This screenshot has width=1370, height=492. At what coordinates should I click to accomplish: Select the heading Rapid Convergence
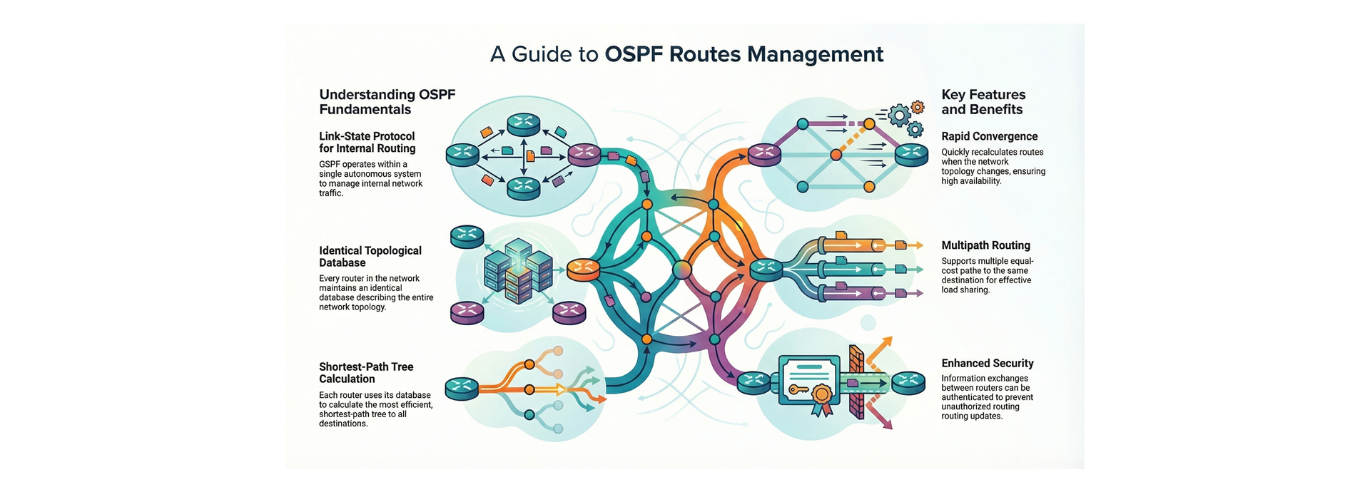(989, 136)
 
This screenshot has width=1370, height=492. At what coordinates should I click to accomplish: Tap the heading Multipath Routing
(985, 245)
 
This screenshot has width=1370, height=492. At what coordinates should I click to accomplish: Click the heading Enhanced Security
(987, 363)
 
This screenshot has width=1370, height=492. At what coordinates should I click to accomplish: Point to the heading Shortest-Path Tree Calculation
(366, 373)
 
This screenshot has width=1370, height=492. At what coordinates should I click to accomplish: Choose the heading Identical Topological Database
(370, 257)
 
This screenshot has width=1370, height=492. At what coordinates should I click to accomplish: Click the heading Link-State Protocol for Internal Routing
(367, 142)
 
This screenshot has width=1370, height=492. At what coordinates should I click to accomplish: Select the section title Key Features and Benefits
(983, 102)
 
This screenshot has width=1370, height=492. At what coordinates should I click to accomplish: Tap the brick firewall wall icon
(856, 382)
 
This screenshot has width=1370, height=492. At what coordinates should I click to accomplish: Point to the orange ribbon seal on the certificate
(822, 397)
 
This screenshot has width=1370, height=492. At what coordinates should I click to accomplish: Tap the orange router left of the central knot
(583, 268)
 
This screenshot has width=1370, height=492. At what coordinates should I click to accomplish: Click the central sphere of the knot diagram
(681, 269)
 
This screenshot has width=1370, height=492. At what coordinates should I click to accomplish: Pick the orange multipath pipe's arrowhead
(920, 245)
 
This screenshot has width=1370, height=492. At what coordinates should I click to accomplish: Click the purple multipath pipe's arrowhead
(920, 293)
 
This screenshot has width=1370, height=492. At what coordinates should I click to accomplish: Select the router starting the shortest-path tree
(462, 389)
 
